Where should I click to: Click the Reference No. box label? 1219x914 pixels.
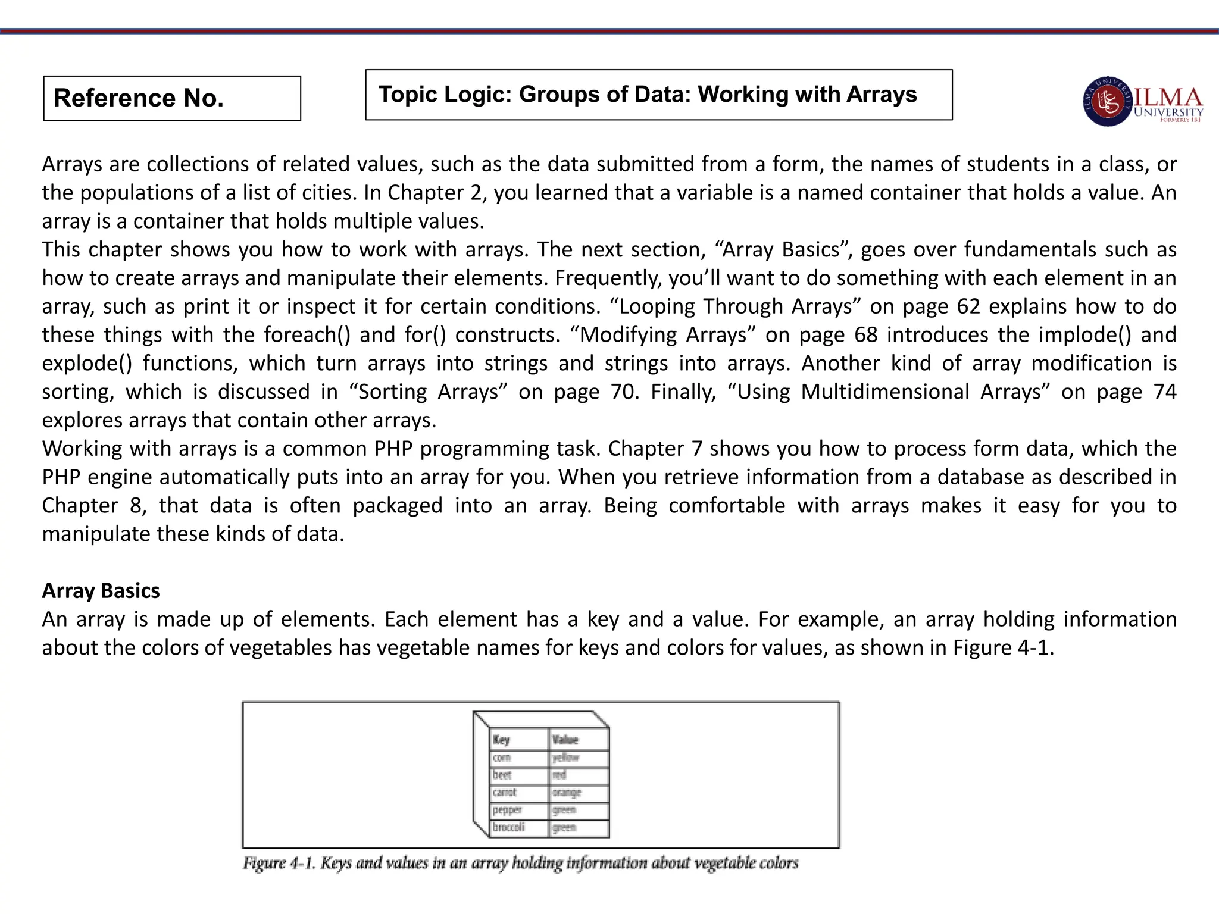pyautogui.click(x=139, y=98)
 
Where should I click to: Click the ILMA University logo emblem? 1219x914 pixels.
pyautogui.click(x=1107, y=102)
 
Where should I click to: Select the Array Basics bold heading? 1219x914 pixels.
pyautogui.click(x=101, y=591)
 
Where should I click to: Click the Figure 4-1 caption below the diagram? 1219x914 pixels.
pyautogui.click(x=520, y=863)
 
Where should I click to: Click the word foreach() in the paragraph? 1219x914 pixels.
pyautogui.click(x=307, y=335)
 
